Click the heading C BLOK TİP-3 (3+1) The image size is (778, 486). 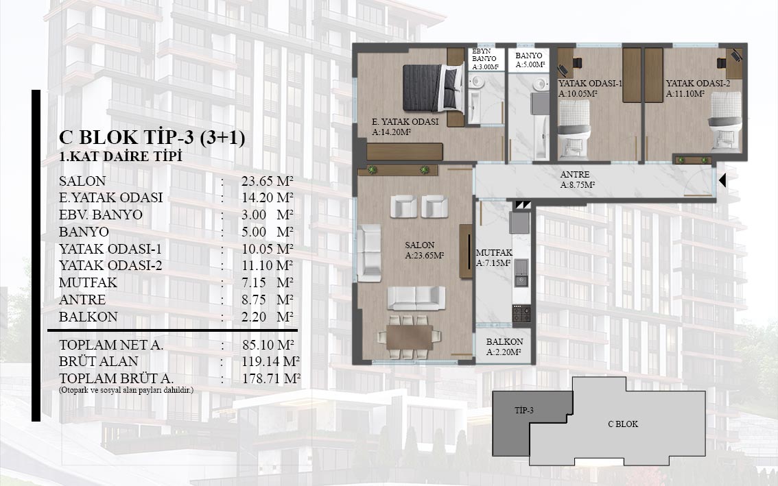[152, 137]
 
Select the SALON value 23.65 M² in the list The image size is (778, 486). [268, 181]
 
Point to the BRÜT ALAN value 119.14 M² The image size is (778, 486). [271, 361]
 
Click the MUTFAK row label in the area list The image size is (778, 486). [89, 282]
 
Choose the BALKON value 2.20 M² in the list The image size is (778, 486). [268, 317]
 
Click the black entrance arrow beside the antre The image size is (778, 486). [722, 180]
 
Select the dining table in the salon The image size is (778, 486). [409, 337]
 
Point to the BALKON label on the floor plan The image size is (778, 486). [504, 347]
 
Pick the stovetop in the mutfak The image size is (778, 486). [521, 314]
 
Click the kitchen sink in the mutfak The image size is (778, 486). [521, 274]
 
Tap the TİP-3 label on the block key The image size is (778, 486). [524, 411]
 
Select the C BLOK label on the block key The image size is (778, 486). [623, 424]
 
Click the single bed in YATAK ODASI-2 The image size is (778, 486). [726, 121]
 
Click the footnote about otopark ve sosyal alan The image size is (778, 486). [126, 390]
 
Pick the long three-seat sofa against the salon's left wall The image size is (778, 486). [369, 253]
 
